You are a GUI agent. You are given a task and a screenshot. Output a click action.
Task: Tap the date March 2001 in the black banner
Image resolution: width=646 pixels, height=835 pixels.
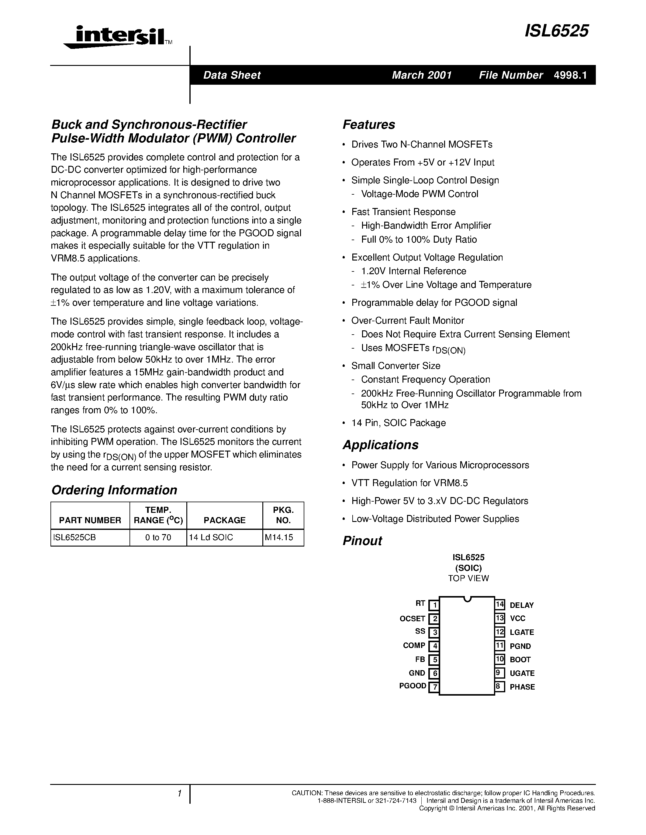422,75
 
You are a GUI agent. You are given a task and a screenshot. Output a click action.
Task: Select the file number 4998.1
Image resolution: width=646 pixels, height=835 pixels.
570,75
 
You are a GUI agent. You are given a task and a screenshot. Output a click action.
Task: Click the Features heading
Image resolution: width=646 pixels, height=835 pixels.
368,124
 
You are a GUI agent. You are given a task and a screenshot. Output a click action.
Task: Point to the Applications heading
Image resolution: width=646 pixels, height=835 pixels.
380,445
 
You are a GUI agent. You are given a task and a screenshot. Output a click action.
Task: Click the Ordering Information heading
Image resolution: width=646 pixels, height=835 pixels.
114,490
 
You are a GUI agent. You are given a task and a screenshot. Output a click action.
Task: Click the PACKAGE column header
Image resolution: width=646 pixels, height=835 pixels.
224,520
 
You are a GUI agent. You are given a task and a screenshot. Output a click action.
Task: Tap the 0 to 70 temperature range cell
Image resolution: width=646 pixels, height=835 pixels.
158,537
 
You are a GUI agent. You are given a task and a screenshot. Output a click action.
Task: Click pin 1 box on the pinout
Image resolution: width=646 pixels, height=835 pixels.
434,605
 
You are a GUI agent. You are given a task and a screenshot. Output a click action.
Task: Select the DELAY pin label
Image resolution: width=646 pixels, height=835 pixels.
522,605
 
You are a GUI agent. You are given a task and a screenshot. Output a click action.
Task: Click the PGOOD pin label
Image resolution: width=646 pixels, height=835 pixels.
413,686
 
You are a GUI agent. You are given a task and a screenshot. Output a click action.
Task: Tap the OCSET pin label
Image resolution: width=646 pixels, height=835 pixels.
413,619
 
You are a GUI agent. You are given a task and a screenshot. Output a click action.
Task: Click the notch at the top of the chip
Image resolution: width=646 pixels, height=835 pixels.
467,599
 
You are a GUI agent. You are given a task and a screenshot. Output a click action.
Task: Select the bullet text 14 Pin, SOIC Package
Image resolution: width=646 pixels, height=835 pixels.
399,423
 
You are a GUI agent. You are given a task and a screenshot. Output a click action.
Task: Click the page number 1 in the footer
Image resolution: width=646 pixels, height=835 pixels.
179,794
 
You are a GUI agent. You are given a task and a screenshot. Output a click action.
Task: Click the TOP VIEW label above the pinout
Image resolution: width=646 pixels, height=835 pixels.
468,578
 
